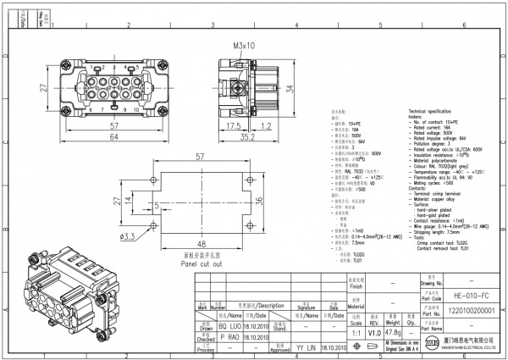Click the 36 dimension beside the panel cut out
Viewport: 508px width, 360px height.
tap(269, 201)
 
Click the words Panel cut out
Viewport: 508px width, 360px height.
tap(201, 263)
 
